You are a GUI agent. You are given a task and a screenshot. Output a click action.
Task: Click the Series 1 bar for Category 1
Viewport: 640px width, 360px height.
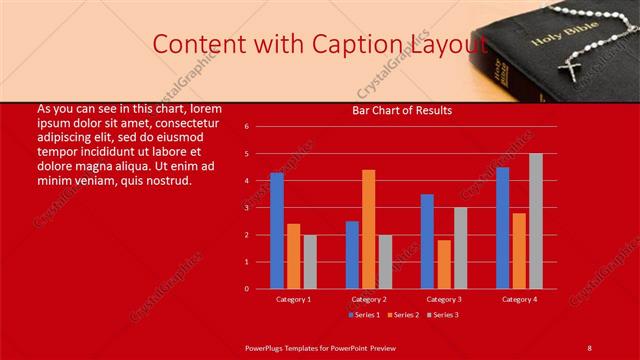click(x=277, y=231)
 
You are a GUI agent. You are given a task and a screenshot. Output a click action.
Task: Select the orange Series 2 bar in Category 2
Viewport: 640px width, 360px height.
click(x=369, y=229)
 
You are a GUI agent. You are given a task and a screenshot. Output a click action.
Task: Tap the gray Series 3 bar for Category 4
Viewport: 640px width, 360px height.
click(x=536, y=221)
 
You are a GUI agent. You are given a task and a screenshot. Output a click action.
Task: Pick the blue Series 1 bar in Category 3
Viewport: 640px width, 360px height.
click(x=427, y=241)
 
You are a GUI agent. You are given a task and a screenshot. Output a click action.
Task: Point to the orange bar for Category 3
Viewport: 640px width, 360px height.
click(x=444, y=264)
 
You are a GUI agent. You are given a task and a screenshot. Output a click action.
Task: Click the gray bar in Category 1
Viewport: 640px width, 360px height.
click(x=310, y=262)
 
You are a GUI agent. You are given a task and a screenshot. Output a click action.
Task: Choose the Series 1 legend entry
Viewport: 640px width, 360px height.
click(x=364, y=315)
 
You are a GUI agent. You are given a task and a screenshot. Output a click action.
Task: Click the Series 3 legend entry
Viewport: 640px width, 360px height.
click(x=445, y=315)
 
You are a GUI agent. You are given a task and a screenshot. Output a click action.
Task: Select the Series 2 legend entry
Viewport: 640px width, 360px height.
click(x=404, y=315)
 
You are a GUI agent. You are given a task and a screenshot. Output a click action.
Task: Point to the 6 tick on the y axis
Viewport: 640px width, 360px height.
click(x=261, y=127)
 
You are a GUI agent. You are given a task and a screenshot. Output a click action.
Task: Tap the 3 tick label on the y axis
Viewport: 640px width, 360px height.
click(x=261, y=208)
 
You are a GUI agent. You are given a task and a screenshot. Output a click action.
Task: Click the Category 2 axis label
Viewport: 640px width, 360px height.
click(x=369, y=299)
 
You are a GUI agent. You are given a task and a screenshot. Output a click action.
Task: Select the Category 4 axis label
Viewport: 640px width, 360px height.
click(x=519, y=299)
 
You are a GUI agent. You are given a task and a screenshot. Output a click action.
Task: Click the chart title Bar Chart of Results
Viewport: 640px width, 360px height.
click(x=402, y=110)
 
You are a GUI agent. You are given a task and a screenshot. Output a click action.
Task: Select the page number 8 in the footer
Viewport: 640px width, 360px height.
click(x=589, y=346)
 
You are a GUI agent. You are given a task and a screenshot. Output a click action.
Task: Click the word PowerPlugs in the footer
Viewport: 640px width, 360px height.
click(x=268, y=346)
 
